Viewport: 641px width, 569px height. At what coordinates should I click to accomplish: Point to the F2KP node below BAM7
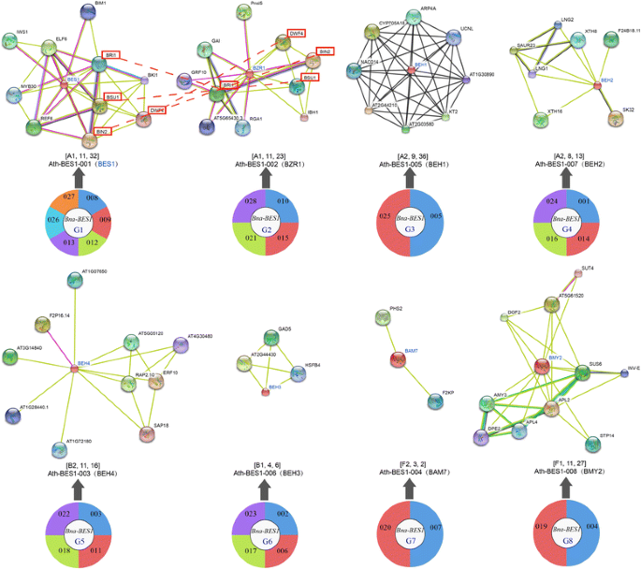(434, 402)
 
